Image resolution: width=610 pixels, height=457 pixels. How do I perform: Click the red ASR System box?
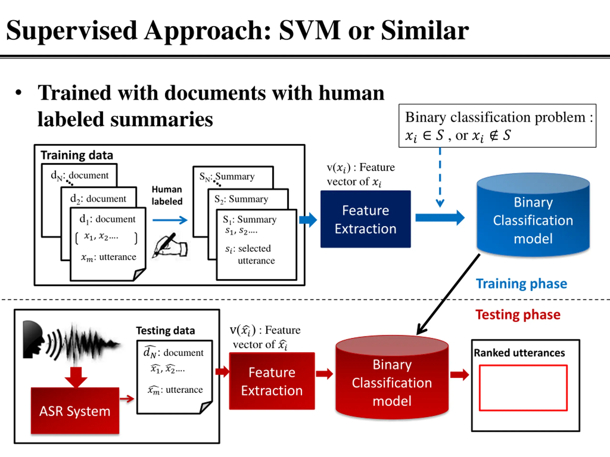(x=75, y=410)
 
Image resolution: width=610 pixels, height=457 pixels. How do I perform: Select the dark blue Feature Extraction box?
(x=365, y=219)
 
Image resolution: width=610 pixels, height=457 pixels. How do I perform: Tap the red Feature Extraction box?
(x=272, y=381)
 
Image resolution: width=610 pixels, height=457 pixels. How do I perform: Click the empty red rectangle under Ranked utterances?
(x=523, y=388)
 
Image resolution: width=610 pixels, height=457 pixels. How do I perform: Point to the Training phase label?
(x=521, y=284)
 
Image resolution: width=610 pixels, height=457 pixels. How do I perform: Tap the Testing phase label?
(x=518, y=315)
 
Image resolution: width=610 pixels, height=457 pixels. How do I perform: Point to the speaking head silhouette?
(x=33, y=339)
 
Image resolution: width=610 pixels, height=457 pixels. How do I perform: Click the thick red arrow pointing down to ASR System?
(x=76, y=378)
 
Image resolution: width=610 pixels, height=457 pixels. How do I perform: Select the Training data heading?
(x=77, y=155)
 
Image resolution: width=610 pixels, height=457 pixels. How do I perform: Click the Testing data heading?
(x=165, y=331)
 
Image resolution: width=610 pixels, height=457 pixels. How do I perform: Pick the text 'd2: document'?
(x=98, y=199)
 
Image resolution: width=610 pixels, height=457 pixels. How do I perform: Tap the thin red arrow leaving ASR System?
(x=127, y=399)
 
